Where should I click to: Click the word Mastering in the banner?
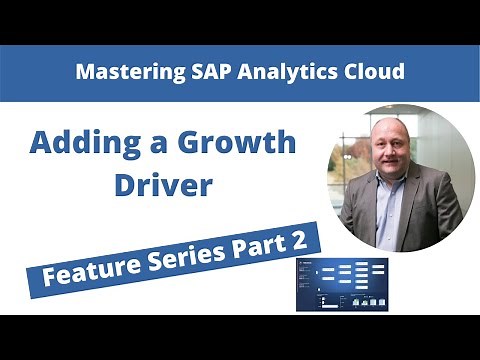click(x=126, y=73)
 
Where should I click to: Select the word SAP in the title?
click(x=204, y=73)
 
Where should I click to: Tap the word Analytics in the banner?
click(x=277, y=73)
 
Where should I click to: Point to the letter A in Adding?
click(x=41, y=142)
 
